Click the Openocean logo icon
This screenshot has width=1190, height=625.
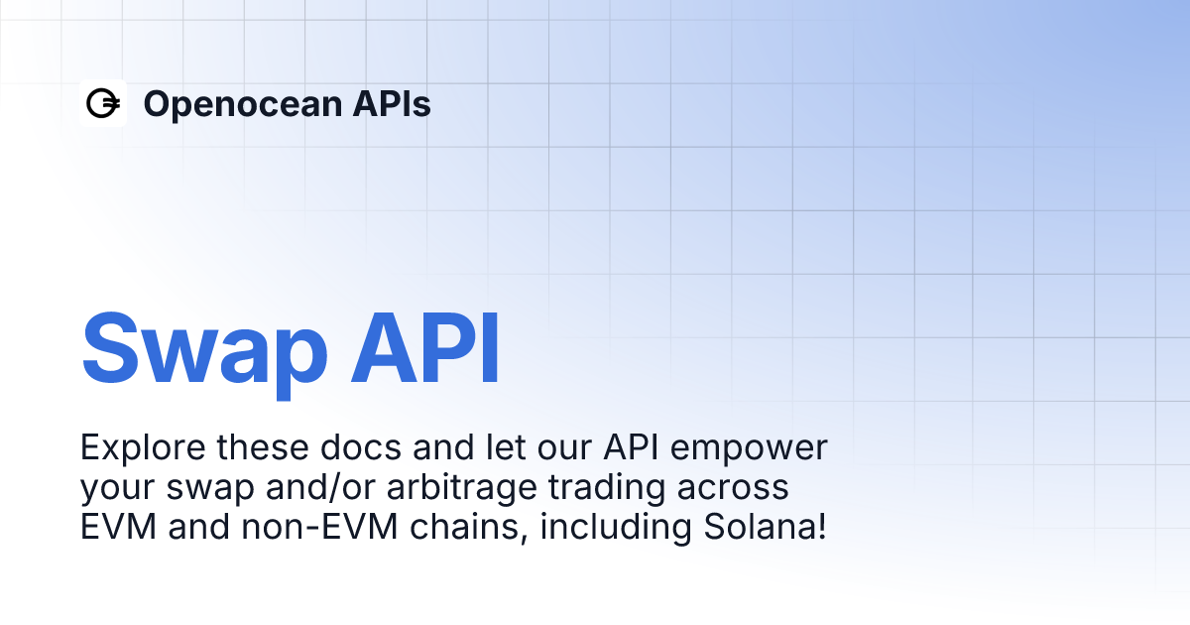pos(103,103)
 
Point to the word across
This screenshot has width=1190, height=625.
pos(740,488)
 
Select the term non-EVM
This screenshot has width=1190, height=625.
pos(307,527)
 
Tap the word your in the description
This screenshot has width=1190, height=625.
pos(117,488)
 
